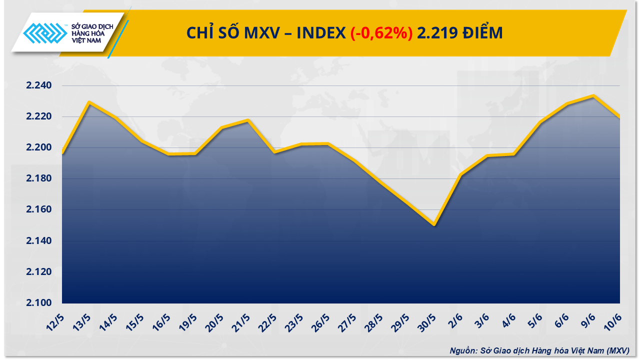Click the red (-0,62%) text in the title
381,33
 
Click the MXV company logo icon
45,33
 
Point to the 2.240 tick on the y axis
38,85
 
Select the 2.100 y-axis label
38,303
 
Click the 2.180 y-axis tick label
38,178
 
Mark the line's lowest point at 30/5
434,225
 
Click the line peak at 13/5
88,102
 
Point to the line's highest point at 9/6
593,95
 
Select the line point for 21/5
248,120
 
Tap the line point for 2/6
460,174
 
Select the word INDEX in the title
320,33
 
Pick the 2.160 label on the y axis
38,209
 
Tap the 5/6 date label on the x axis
534,320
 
